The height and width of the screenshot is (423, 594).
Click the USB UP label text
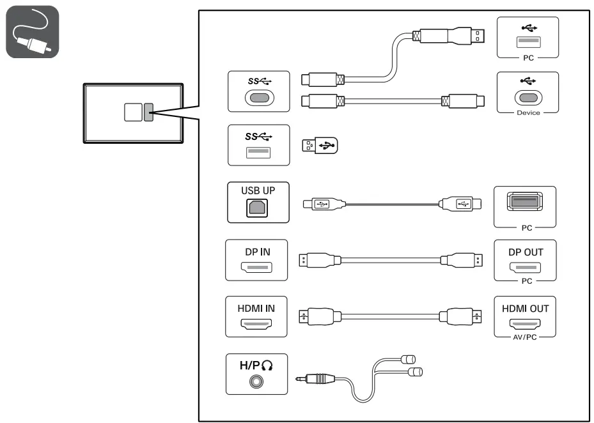pyautogui.click(x=257, y=190)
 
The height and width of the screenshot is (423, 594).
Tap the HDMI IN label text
pyautogui.click(x=256, y=308)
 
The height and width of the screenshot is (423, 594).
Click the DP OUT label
pyautogui.click(x=526, y=252)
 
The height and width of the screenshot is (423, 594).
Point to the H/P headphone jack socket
pyautogui.click(x=257, y=381)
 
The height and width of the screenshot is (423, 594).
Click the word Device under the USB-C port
pyautogui.click(x=528, y=112)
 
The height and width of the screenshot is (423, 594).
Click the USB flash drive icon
pyautogui.click(x=319, y=145)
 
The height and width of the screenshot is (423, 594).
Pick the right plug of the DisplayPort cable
pyautogui.click(x=459, y=260)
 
